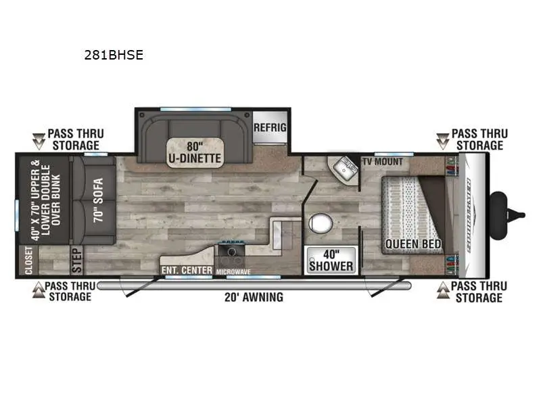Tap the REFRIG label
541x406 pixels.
[x=270, y=128]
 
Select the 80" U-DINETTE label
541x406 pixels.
[x=195, y=152]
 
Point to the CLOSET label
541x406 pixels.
[x=28, y=261]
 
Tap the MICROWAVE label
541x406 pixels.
[x=233, y=271]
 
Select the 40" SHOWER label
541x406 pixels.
[x=331, y=261]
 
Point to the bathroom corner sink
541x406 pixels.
[x=345, y=166]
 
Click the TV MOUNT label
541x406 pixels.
[x=383, y=162]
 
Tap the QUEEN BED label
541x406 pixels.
[x=413, y=244]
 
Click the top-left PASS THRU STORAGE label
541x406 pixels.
[x=74, y=140]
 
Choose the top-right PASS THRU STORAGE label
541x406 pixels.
[x=479, y=139]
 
